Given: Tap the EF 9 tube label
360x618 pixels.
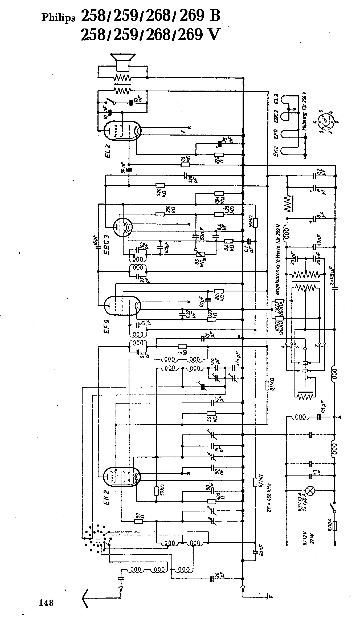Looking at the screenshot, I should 108,326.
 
